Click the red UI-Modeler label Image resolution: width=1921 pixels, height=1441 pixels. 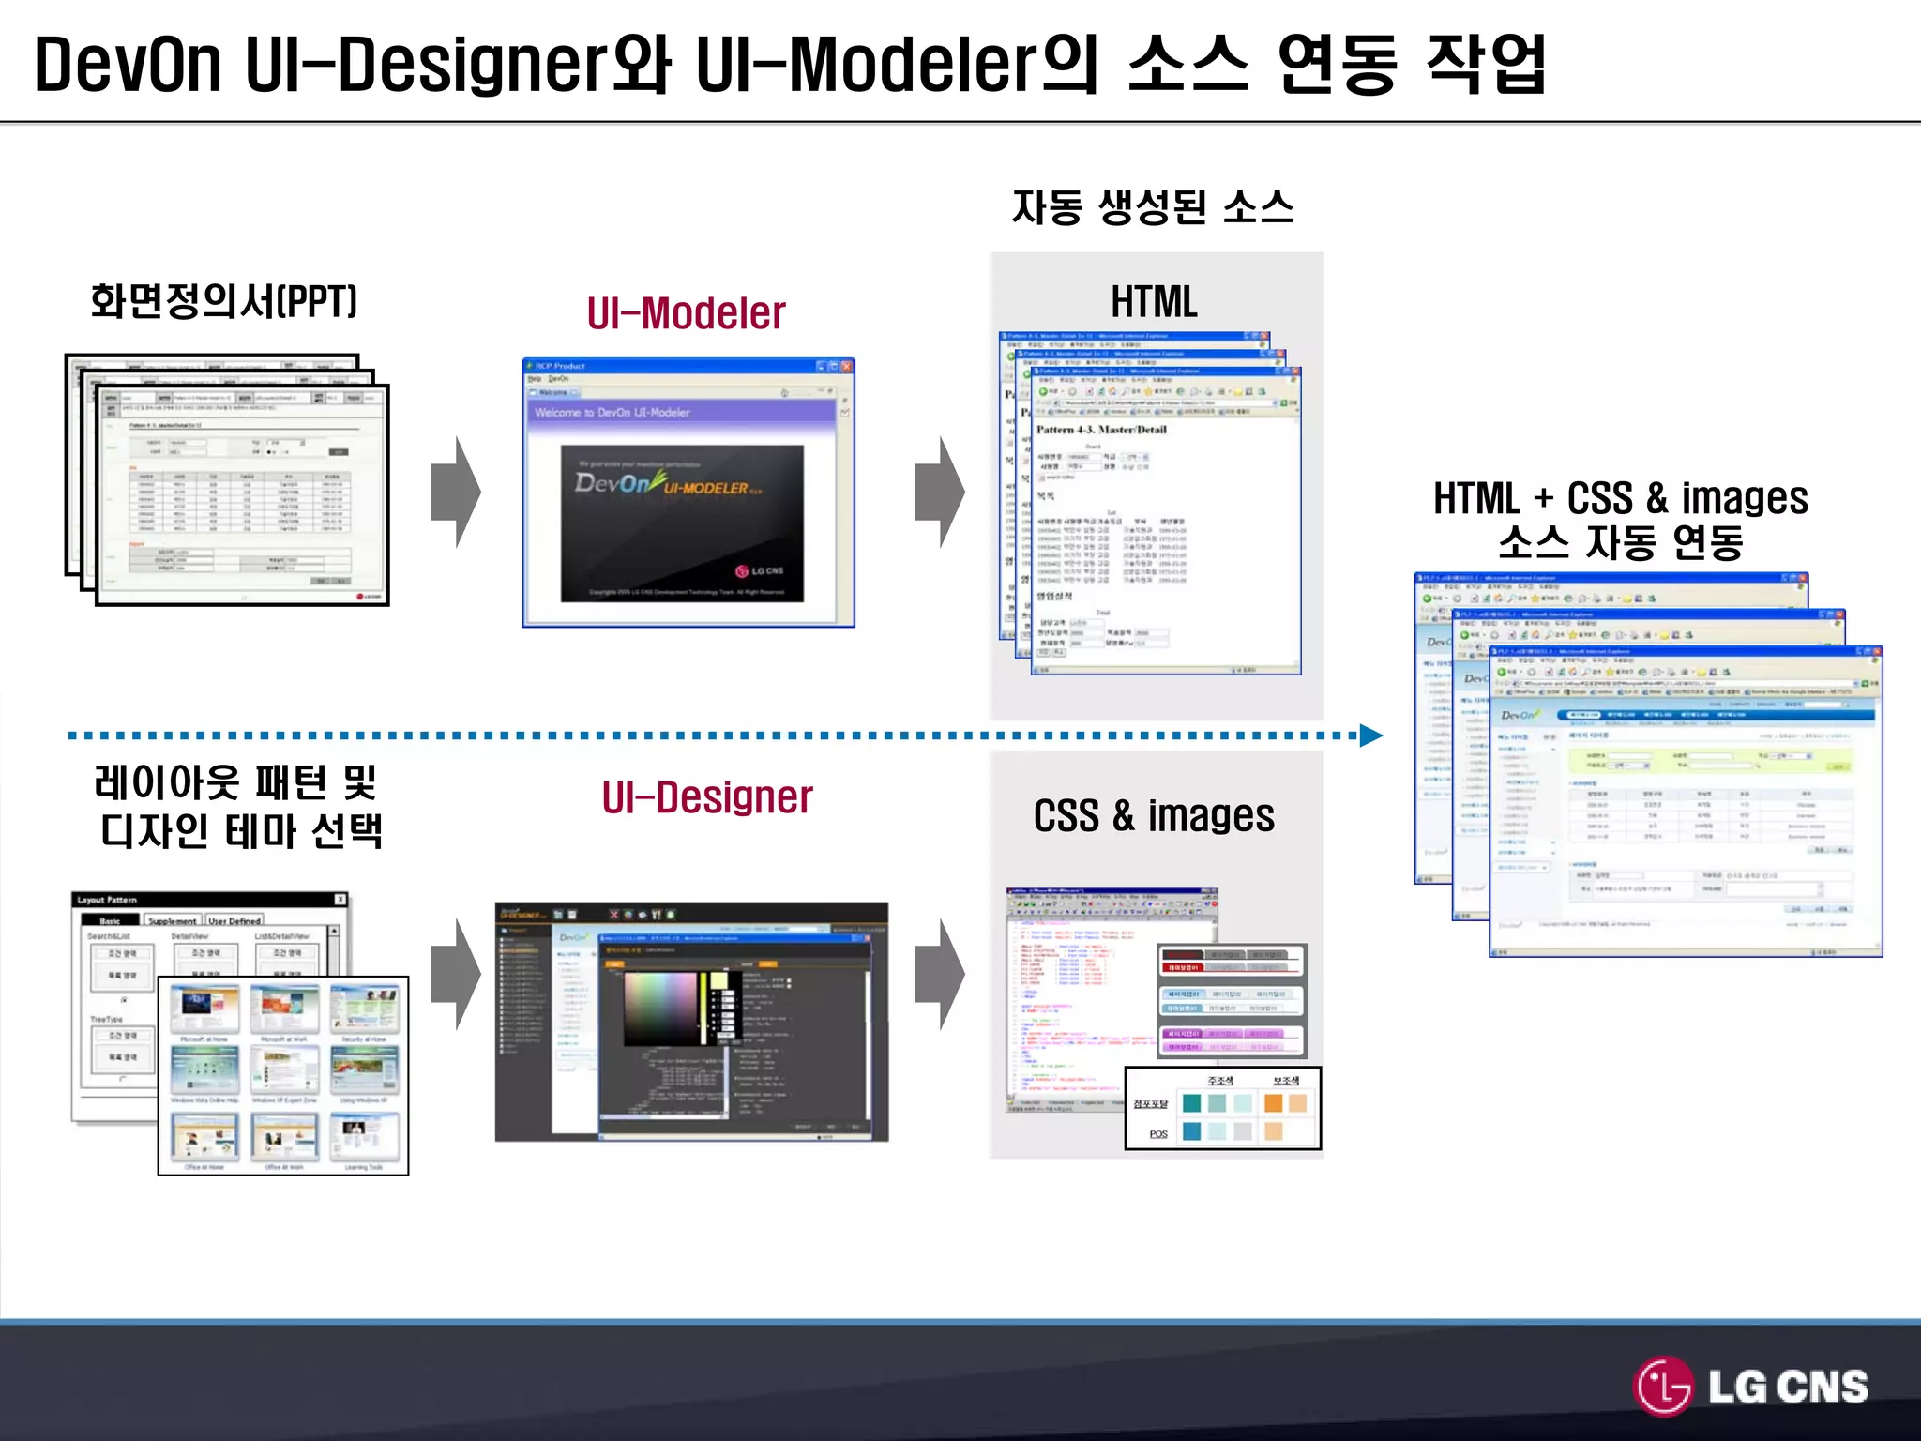[x=686, y=313]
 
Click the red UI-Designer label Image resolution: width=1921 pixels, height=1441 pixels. [x=707, y=798]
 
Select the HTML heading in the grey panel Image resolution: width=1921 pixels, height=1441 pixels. [x=1154, y=302]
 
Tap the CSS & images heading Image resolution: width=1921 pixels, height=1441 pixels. [x=1154, y=816]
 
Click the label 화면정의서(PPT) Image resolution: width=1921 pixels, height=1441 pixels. [x=223, y=302]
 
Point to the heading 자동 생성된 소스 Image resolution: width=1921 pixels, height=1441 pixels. [x=1153, y=207]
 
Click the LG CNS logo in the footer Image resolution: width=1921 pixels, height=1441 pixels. [x=1752, y=1387]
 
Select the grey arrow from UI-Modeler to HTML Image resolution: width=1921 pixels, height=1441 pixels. [x=940, y=492]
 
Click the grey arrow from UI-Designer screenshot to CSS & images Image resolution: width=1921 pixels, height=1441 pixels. [x=940, y=975]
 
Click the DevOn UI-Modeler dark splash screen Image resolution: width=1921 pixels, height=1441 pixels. [x=682, y=523]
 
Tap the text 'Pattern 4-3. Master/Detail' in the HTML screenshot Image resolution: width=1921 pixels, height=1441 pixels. [x=1101, y=430]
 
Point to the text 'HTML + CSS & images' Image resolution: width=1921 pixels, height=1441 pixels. [x=1620, y=498]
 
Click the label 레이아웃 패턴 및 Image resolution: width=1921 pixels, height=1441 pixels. [x=234, y=782]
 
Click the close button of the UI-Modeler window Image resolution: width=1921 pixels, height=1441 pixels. [x=847, y=366]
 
